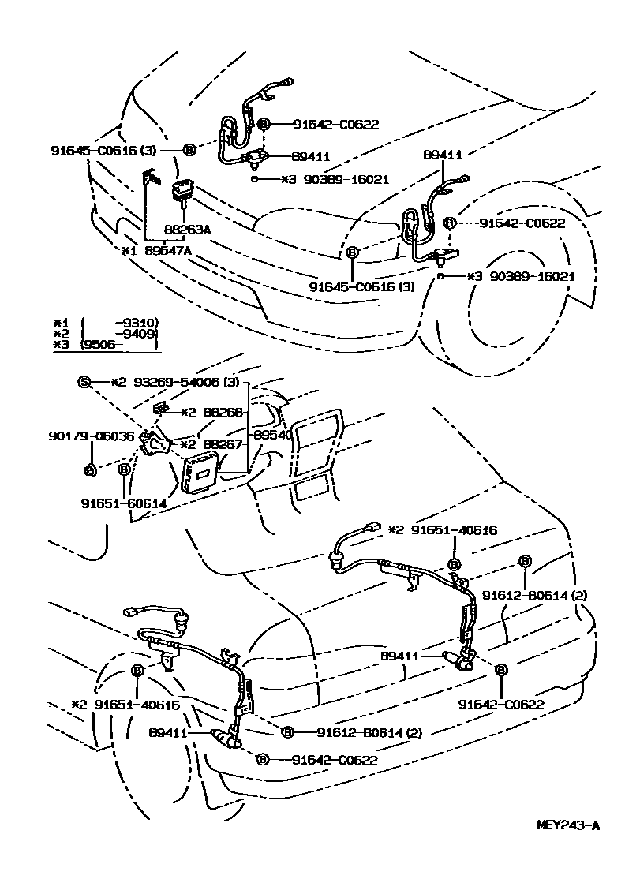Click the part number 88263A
tap(187, 230)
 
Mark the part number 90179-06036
tap(92, 436)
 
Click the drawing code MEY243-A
tap(568, 825)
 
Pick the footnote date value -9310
tap(136, 323)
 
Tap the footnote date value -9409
tap(136, 333)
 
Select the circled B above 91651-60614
tap(123, 469)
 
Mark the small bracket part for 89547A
tap(151, 180)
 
